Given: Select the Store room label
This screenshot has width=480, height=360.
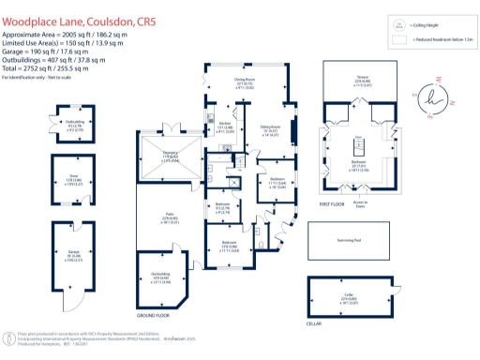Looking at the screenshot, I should click(x=73, y=178).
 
